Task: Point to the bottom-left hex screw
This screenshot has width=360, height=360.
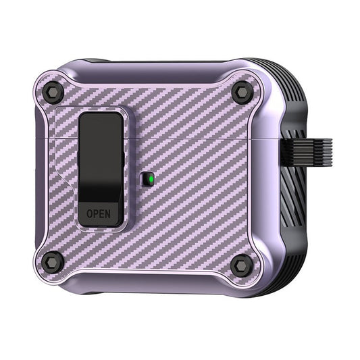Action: tap(53, 261)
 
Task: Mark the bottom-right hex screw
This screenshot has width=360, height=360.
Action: tap(240, 265)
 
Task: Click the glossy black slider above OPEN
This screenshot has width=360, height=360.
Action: tap(101, 157)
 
